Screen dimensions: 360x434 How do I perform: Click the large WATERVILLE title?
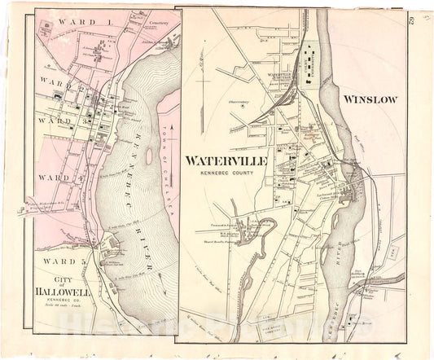point(226,161)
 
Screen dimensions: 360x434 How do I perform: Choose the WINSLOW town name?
point(370,99)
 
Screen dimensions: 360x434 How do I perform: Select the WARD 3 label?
point(61,121)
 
